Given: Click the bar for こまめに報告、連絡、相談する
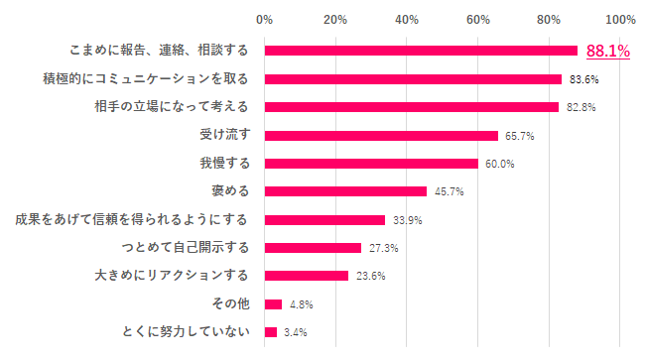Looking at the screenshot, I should pyautogui.click(x=421, y=51).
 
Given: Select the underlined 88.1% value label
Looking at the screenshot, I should pyautogui.click(x=607, y=51).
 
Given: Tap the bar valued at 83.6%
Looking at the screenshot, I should pyautogui.click(x=413, y=78).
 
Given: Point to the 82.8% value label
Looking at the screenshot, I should pyautogui.click(x=580, y=107).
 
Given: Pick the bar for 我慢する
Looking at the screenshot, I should pyautogui.click(x=371, y=164).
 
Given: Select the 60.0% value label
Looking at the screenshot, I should pyautogui.click(x=499, y=164).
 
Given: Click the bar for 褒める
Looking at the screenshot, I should pyautogui.click(x=345, y=191).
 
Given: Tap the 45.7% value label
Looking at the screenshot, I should pyautogui.click(x=449, y=191).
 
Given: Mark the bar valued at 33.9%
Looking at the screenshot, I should pyautogui.click(x=324, y=219).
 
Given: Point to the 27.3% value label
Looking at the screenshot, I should pyautogui.click(x=383, y=247).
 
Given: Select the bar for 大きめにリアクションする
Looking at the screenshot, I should pyautogui.click(x=307, y=275).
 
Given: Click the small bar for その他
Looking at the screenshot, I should pyautogui.click(x=273, y=303).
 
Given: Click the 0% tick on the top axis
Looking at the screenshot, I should pyautogui.click(x=264, y=19).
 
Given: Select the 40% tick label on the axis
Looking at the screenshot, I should pyautogui.click(x=407, y=19).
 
